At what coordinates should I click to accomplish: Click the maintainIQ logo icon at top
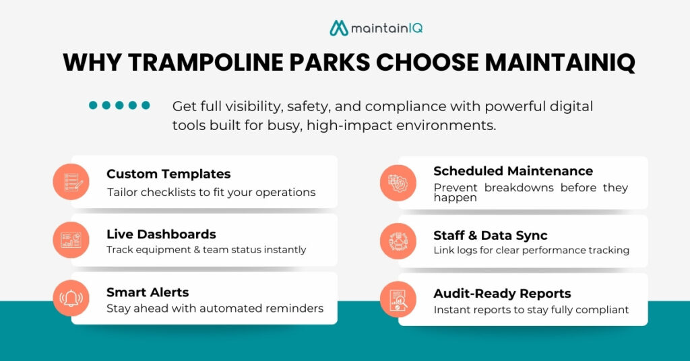339,28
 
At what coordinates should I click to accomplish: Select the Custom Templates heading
168,174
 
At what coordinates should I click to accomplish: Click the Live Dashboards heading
161,234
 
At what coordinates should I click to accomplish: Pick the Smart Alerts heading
148,292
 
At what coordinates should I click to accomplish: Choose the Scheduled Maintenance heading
513,171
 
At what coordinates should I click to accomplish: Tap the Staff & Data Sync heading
490,235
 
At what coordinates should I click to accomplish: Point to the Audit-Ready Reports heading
502,293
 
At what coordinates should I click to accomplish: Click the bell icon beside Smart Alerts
71,298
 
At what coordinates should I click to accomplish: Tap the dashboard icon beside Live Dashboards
71,240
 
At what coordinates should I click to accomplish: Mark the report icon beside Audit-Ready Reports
398,299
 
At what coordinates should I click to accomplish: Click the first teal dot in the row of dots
94,105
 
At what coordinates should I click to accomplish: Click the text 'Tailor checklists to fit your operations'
211,192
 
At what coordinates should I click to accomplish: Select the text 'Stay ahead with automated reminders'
215,308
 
